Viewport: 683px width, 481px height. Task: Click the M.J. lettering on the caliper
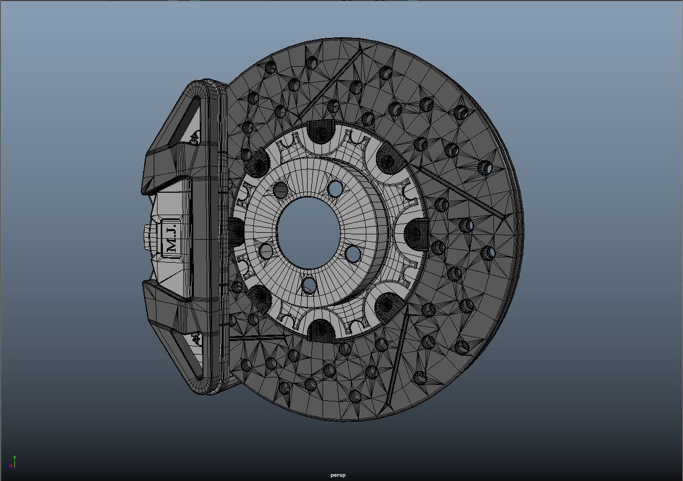tap(171, 238)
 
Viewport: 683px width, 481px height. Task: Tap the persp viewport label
tap(337, 475)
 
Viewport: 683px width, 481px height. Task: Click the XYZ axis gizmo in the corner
tap(12, 463)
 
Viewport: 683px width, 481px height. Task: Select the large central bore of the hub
tap(309, 233)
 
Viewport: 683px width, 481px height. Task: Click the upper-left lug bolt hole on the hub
tap(280, 190)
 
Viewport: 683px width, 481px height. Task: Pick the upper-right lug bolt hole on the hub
tap(335, 188)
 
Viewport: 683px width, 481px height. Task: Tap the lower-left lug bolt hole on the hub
tap(266, 250)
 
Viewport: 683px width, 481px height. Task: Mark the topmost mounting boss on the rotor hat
tap(319, 132)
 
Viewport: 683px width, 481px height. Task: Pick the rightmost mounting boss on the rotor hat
tap(416, 234)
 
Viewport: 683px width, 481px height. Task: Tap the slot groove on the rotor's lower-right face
tap(398, 352)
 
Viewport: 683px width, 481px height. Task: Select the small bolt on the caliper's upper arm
tap(194, 139)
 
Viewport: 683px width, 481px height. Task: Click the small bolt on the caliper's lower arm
tap(195, 338)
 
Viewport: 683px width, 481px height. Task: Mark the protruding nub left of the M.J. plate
tap(148, 238)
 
